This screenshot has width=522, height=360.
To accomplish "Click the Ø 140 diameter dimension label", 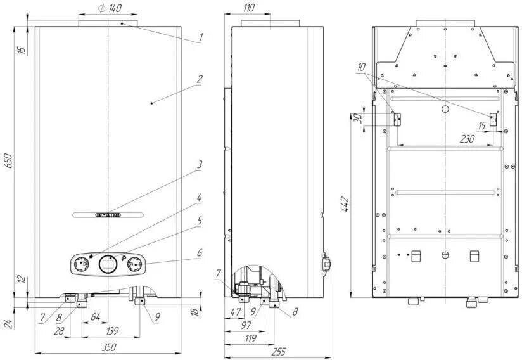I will point(110,8).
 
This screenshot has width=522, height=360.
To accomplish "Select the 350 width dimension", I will point(109,347).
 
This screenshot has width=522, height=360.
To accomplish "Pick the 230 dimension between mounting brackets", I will point(448,139).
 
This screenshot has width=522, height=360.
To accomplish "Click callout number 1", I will point(201,37).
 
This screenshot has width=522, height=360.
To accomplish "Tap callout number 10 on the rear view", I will point(361,67).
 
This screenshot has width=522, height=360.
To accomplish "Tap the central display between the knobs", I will point(108,263).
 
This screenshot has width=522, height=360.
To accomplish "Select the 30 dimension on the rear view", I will point(357,119).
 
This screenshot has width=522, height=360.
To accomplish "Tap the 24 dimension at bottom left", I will point(8,323).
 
